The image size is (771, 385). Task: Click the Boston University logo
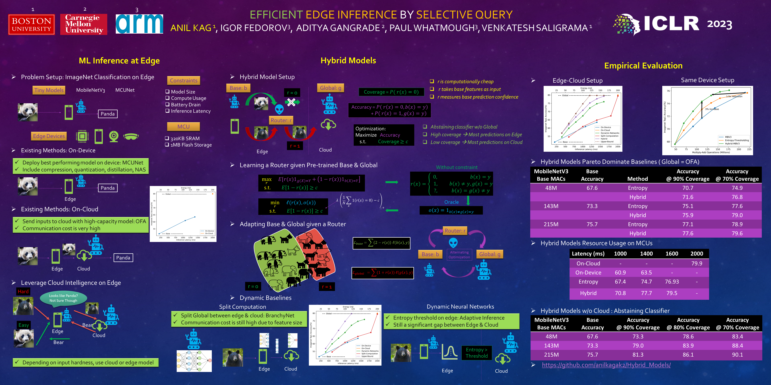coord(31,25)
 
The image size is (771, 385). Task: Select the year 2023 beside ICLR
coord(719,24)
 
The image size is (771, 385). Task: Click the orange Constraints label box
coord(184,80)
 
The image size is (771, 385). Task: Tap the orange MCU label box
coord(184,126)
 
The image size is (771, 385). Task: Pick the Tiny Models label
coord(49,90)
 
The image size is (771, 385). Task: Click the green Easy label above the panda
coord(24,325)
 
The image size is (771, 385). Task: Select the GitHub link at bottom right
coord(606,365)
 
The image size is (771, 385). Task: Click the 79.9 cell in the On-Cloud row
coord(697,263)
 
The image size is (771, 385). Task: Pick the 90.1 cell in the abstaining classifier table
coord(737,355)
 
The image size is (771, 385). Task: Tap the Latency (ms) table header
coord(588,253)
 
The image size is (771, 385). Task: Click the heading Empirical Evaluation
coord(643,66)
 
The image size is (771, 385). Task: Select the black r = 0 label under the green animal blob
coord(253,286)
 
